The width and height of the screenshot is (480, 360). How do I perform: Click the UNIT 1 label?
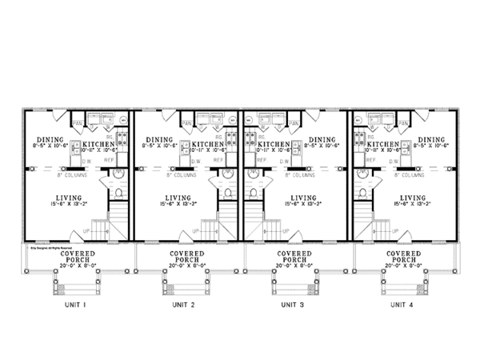[77, 305]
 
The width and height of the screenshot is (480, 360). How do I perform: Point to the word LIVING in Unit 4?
[412, 197]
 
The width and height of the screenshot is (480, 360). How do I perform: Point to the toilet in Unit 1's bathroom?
[118, 194]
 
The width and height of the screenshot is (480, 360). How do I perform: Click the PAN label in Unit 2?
[186, 122]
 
